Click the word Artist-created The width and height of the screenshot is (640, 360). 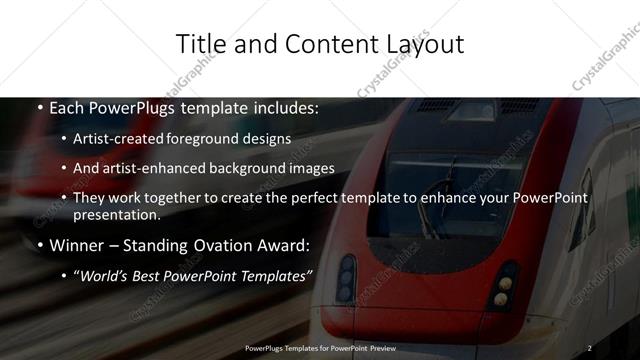[x=128, y=138]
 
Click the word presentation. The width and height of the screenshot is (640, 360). [x=116, y=215]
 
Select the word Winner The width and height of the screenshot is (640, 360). [x=77, y=245]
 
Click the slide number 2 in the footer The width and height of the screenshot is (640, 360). [x=590, y=347]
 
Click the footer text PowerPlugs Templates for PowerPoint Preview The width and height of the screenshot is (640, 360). [x=320, y=347]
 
